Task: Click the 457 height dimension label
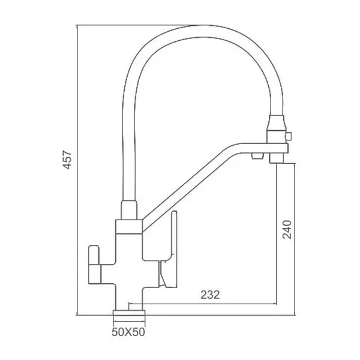click(67, 160)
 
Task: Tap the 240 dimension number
click(287, 230)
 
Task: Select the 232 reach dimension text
click(210, 295)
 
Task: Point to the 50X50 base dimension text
click(128, 332)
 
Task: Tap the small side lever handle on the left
click(94, 255)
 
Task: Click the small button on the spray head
click(289, 136)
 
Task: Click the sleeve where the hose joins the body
click(129, 210)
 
